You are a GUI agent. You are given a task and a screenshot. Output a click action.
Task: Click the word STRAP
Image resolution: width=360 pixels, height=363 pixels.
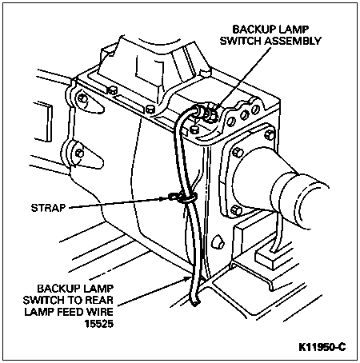pos(48,208)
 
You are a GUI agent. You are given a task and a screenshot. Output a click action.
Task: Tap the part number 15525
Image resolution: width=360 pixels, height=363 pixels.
pos(99,324)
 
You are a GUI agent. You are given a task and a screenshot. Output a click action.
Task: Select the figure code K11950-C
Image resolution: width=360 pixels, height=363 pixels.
pos(322,347)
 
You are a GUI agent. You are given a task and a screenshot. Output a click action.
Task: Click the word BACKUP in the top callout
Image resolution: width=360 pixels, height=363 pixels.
pos(253,29)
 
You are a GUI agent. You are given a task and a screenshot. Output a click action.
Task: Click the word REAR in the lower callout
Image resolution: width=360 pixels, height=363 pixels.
pos(99,300)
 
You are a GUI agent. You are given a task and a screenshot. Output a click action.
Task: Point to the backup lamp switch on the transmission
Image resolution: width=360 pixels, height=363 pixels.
pos(206,114)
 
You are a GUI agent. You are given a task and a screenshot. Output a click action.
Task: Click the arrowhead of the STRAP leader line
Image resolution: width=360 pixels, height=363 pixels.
pos(165,198)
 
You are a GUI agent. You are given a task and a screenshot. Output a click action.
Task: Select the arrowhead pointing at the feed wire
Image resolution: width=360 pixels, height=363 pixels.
pos(187,279)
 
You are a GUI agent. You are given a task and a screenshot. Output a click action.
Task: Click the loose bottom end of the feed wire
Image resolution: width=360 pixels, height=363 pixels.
pos(195,301)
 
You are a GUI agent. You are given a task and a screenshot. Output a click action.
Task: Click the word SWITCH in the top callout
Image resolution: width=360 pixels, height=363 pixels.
pos(241,41)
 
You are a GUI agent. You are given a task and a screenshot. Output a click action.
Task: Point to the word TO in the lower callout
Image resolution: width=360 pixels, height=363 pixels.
pos(75,300)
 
